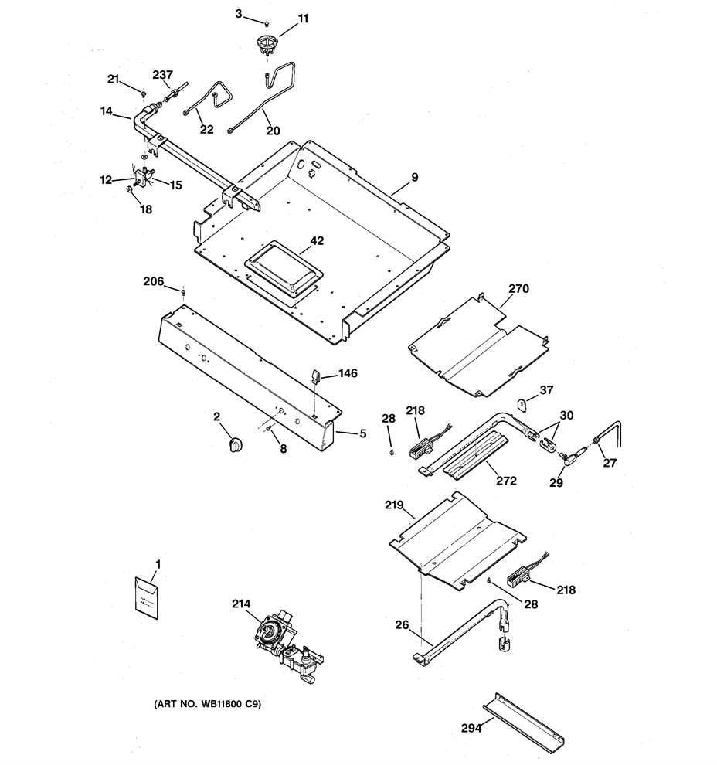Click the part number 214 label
pyautogui.click(x=241, y=603)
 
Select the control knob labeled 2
pyautogui.click(x=236, y=444)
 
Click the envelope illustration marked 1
pyautogui.click(x=146, y=597)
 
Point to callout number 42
pyautogui.click(x=317, y=240)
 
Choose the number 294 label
pyautogui.click(x=471, y=729)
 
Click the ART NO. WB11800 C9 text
pyautogui.click(x=208, y=704)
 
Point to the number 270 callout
pyautogui.click(x=518, y=288)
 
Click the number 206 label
pyautogui.click(x=153, y=281)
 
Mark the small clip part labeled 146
pyautogui.click(x=314, y=376)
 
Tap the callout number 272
pyautogui.click(x=506, y=480)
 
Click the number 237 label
pyautogui.click(x=162, y=75)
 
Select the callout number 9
pyautogui.click(x=415, y=177)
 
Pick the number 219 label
pyautogui.click(x=394, y=505)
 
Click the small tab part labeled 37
pyautogui.click(x=521, y=404)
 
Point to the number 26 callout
pyautogui.click(x=402, y=625)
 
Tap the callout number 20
pyautogui.click(x=274, y=131)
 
